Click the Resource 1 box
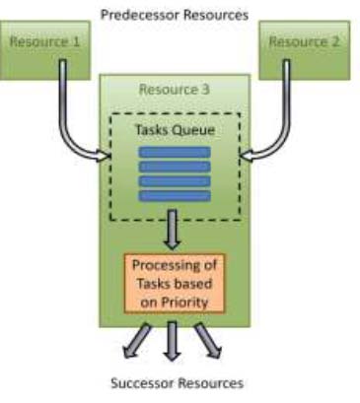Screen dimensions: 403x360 (x=43, y=43)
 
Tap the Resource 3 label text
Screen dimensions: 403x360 (x=174, y=89)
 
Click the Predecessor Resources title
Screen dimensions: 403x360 (x=174, y=15)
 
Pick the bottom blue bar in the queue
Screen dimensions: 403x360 (x=174, y=195)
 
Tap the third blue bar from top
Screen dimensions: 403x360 (x=174, y=181)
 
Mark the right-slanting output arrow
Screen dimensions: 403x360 (x=208, y=343)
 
